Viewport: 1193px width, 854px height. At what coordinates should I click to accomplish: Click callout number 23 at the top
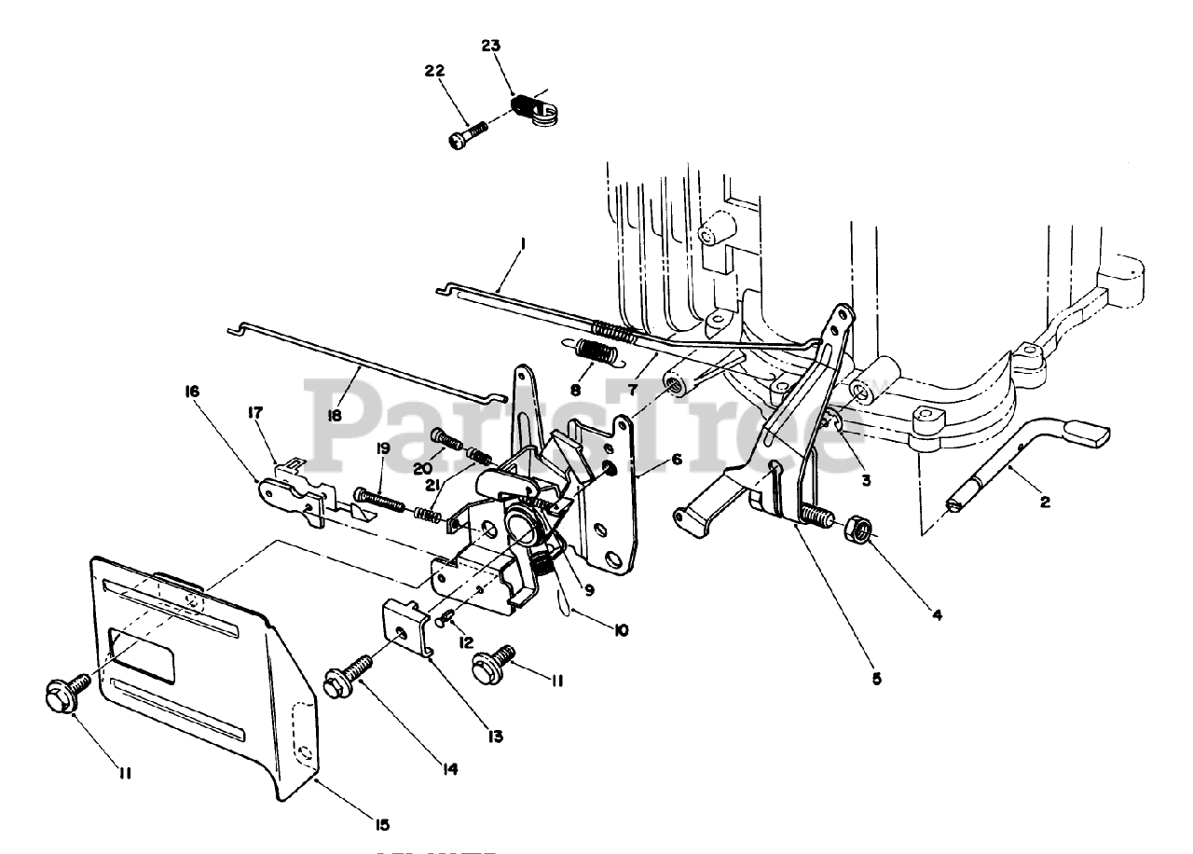(x=491, y=45)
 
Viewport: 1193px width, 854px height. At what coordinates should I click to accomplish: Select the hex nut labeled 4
(x=858, y=533)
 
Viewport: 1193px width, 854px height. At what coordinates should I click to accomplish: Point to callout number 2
(x=1045, y=502)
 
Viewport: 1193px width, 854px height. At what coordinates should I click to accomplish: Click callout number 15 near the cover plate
(x=381, y=824)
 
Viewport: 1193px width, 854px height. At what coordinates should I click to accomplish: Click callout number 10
(x=620, y=630)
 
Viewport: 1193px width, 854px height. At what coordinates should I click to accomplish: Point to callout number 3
(x=866, y=480)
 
